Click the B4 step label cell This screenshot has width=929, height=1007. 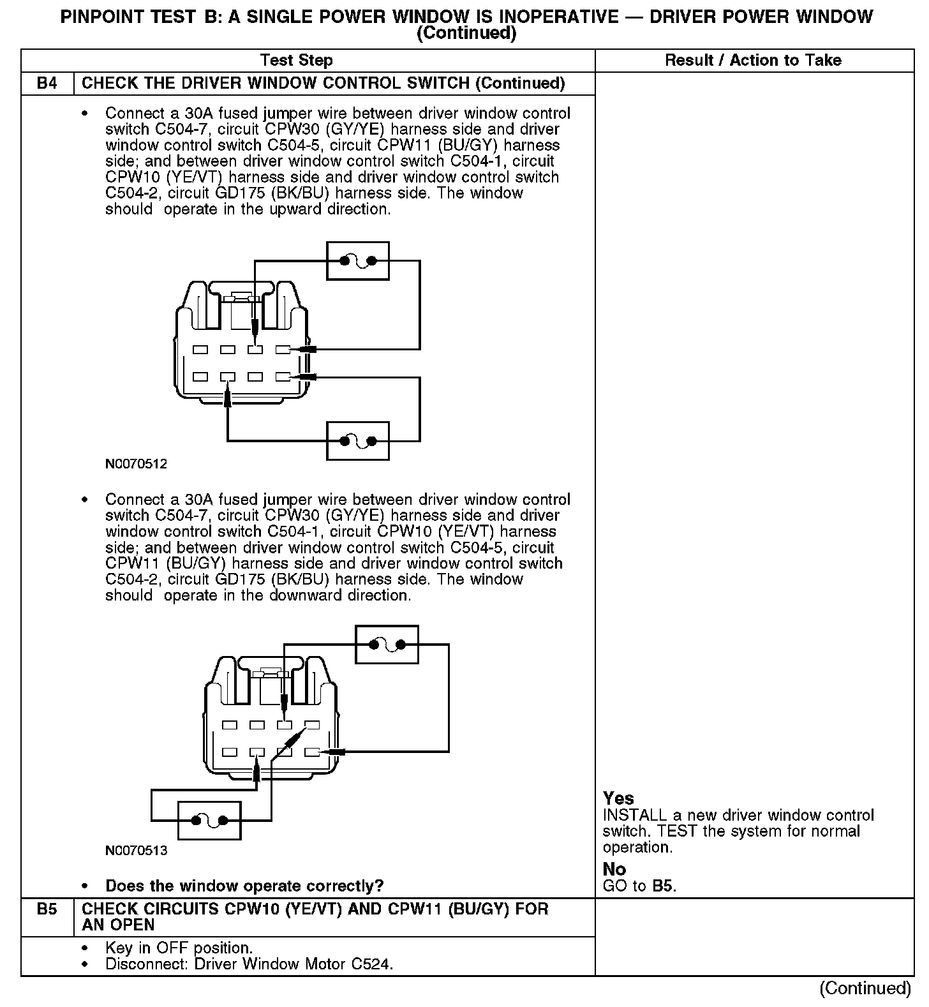click(x=47, y=84)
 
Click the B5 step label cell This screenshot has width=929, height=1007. click(x=47, y=909)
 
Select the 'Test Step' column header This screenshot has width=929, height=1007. click(x=296, y=61)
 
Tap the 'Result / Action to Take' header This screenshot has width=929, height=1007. click(x=753, y=61)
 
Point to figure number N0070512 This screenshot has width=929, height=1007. click(x=136, y=464)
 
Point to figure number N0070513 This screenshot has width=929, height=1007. click(x=136, y=851)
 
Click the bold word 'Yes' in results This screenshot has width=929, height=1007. click(x=618, y=798)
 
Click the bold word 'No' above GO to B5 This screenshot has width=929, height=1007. click(x=614, y=869)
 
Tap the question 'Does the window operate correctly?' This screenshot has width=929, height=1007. click(x=244, y=886)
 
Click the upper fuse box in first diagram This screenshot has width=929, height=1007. click(x=357, y=260)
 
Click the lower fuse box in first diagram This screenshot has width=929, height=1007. click(x=357, y=440)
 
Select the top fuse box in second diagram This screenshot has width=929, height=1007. click(x=386, y=645)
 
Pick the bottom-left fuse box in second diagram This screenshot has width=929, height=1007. click(x=209, y=820)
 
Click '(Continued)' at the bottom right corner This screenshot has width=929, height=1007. click(x=865, y=988)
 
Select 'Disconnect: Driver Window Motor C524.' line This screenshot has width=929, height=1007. click(x=249, y=964)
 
